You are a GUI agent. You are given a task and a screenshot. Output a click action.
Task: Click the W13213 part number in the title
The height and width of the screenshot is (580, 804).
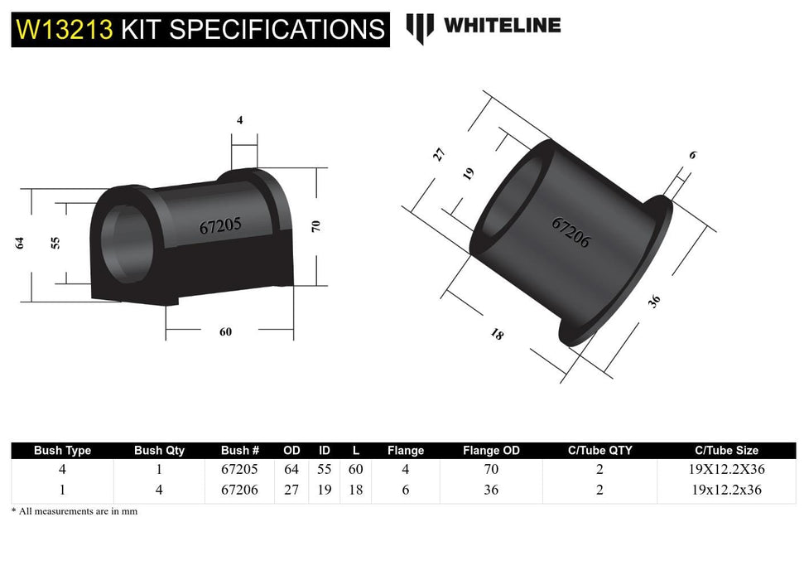[x=65, y=30]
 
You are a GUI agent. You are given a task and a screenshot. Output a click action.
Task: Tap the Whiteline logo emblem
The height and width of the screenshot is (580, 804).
[x=420, y=27]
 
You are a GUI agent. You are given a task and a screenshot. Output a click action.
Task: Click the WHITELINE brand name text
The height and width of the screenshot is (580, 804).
[x=502, y=26]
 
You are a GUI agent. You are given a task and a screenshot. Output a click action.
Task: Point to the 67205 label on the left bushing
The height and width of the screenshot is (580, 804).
[x=220, y=226]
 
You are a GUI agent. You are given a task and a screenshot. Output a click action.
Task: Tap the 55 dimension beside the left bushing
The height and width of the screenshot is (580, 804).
[x=55, y=243]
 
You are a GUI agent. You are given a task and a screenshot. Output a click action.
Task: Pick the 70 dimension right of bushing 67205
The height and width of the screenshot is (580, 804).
[x=315, y=225]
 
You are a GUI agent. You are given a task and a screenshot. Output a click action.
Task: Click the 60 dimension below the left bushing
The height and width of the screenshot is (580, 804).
[x=225, y=331]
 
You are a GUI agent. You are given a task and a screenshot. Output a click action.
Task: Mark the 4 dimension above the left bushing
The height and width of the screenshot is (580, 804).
[x=240, y=120]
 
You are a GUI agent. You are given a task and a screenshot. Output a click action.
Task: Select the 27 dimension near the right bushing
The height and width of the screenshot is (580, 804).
[x=440, y=154]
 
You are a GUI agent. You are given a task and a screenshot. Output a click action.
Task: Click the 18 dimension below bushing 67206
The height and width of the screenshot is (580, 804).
[x=497, y=335]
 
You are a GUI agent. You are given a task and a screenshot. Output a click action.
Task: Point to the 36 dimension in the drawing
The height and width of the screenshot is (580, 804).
[x=655, y=302]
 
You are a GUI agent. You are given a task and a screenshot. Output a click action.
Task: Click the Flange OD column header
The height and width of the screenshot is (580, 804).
[x=491, y=451]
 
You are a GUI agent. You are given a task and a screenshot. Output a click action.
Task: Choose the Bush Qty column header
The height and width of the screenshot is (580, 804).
[x=159, y=451]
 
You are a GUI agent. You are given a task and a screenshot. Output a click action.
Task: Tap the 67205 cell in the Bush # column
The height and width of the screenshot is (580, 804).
[x=240, y=469]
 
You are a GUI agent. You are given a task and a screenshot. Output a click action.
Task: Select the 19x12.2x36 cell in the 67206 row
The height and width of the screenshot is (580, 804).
[x=725, y=490]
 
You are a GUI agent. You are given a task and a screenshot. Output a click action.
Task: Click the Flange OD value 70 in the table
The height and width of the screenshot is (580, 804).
[x=491, y=469]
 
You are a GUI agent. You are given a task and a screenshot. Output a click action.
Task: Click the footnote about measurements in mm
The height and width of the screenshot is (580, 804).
[x=75, y=511]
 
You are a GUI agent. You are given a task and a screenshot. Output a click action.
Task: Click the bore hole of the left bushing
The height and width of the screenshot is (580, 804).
[x=126, y=244]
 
